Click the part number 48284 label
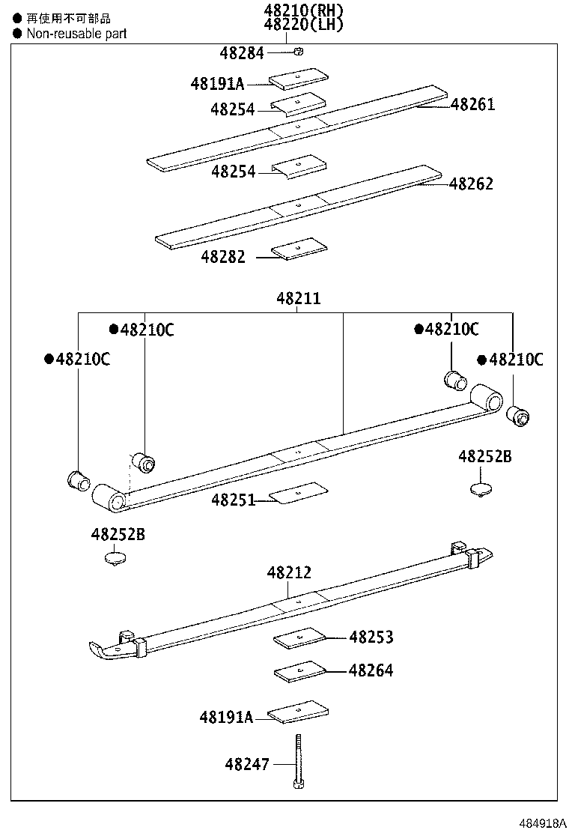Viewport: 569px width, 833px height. [x=242, y=53]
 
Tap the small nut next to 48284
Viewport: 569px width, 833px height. [x=297, y=52]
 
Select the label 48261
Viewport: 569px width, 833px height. [x=472, y=105]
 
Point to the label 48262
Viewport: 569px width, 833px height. [x=471, y=184]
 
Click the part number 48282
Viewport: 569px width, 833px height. [x=222, y=257]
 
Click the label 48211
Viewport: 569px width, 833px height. [x=298, y=298]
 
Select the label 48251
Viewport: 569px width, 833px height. [x=233, y=500]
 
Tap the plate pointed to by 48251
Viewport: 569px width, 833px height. [x=299, y=492]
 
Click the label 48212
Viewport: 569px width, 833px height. [x=289, y=573]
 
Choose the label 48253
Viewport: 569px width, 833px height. [x=371, y=637]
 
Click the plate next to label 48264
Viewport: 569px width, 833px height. [x=301, y=672]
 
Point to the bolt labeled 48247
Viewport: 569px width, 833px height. [x=298, y=760]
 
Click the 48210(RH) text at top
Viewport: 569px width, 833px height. [x=303, y=10]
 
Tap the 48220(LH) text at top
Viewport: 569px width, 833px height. [x=303, y=25]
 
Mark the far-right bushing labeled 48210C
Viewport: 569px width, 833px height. [x=517, y=414]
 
